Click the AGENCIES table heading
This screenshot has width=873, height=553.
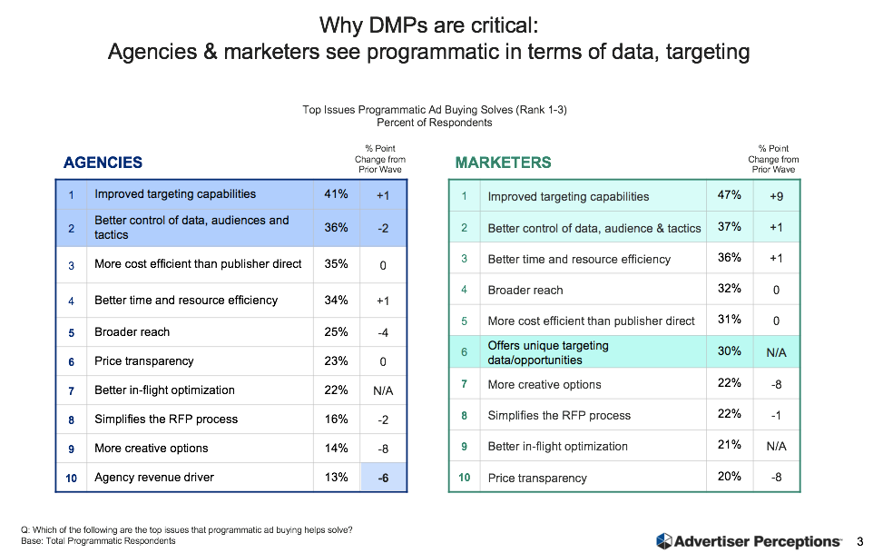point(103,163)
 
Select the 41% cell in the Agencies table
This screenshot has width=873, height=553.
point(336,193)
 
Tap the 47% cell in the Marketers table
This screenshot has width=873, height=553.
point(730,195)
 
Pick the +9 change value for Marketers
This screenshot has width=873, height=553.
point(777,195)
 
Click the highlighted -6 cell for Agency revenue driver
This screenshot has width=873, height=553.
point(384,478)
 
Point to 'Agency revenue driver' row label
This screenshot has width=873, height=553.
point(153,478)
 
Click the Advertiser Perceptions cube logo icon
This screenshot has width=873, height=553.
point(663,541)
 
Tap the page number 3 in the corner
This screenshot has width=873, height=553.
point(859,541)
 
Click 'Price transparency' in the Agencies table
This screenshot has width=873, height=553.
point(143,361)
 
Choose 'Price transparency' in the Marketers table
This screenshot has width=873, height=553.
point(537,478)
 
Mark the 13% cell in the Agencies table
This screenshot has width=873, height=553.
point(336,478)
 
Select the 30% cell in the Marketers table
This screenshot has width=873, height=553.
point(730,351)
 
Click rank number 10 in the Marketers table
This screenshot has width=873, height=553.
point(464,478)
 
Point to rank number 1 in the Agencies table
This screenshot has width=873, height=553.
point(71,193)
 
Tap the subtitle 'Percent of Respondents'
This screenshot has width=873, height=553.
point(435,122)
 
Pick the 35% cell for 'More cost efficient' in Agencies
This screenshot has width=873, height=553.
point(336,265)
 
